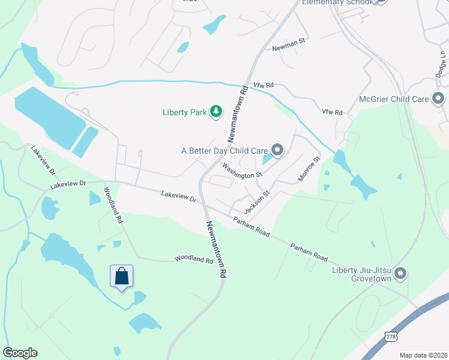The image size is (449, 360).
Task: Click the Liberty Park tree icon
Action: [216, 112]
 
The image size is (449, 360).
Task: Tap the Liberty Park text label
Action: [185, 112]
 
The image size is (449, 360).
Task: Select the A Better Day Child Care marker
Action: [277, 149]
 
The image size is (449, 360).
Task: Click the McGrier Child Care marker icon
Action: [438, 98]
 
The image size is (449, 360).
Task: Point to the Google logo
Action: [20, 353]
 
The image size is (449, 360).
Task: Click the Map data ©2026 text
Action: [423, 355]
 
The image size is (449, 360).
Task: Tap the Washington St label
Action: [243, 170]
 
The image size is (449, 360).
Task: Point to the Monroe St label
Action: [309, 169]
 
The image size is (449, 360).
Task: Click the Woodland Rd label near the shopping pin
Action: [194, 260]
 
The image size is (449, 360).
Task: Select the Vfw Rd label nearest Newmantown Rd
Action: [264, 86]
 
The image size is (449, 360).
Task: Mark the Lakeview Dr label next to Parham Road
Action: [179, 195]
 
